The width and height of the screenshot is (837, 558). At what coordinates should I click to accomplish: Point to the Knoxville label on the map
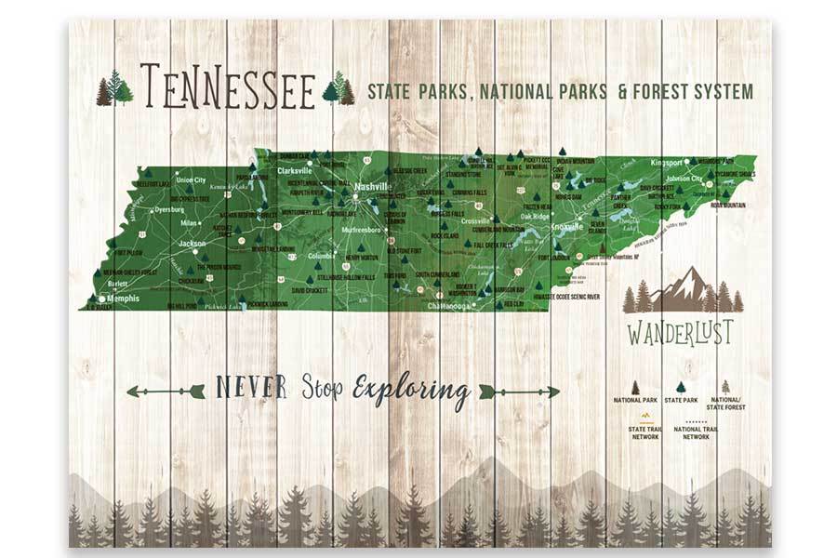[x=567, y=226]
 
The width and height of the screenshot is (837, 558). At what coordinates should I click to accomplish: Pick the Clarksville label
[x=299, y=171]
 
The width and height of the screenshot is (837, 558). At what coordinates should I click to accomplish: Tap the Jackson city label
[x=192, y=244]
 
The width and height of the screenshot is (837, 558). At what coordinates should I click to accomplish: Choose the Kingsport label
[x=667, y=163]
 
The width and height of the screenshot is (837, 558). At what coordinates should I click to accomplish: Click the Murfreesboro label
[x=356, y=229]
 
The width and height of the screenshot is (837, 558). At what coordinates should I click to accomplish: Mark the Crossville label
[x=475, y=220]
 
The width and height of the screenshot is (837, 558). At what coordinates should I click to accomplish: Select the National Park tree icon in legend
[x=635, y=387]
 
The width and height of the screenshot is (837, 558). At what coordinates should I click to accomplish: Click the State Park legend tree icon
[x=680, y=387]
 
